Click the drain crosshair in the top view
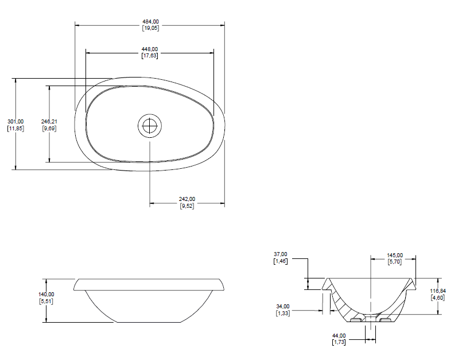coord(150,126)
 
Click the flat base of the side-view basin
coord(149,322)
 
